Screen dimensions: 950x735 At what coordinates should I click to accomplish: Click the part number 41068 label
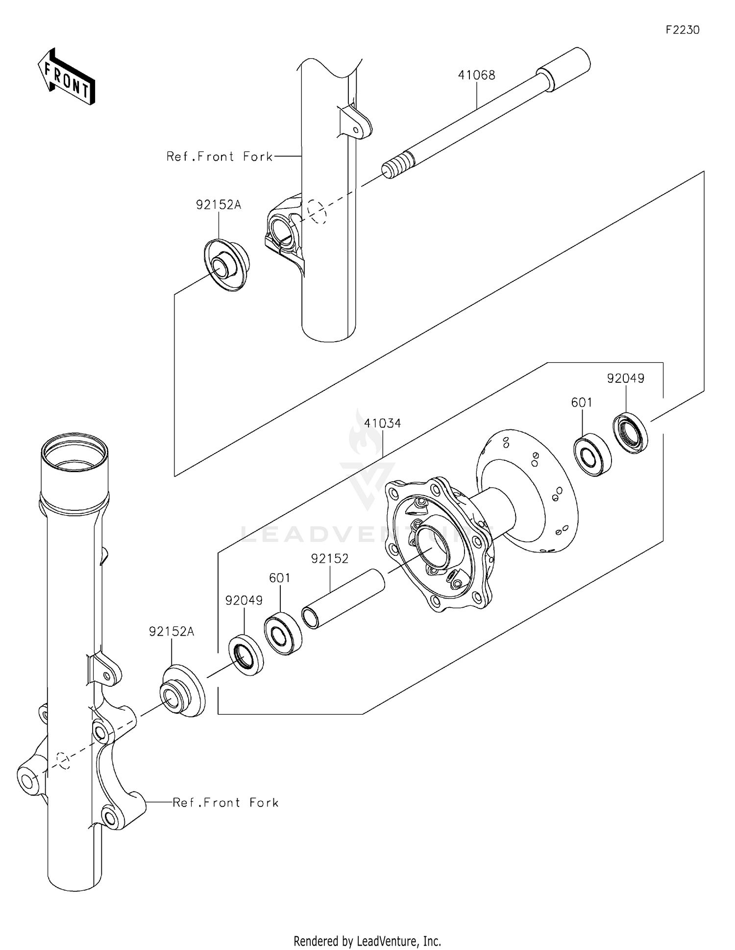pyautogui.click(x=476, y=75)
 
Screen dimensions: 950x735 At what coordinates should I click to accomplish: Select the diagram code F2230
pyautogui.click(x=682, y=30)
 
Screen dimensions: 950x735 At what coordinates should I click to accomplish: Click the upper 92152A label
pyautogui.click(x=219, y=205)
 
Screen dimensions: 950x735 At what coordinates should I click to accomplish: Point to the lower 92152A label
pyautogui.click(x=171, y=632)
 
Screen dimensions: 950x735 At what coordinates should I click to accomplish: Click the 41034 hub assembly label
pyautogui.click(x=382, y=423)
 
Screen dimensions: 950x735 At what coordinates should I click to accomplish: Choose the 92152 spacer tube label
pyautogui.click(x=330, y=558)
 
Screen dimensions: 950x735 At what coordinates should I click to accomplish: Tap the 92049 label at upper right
pyautogui.click(x=625, y=378)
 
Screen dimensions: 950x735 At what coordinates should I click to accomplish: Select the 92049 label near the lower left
pyautogui.click(x=244, y=600)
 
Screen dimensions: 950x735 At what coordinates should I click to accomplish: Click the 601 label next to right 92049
pyautogui.click(x=582, y=402)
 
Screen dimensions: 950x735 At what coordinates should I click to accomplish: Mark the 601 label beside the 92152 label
pyautogui.click(x=280, y=578)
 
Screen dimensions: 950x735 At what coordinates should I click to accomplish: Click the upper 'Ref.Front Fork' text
pyautogui.click(x=220, y=156)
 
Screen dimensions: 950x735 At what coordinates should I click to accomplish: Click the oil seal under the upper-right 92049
pyautogui.click(x=630, y=433)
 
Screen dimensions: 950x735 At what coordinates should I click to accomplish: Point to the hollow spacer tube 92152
pyautogui.click(x=343, y=599)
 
